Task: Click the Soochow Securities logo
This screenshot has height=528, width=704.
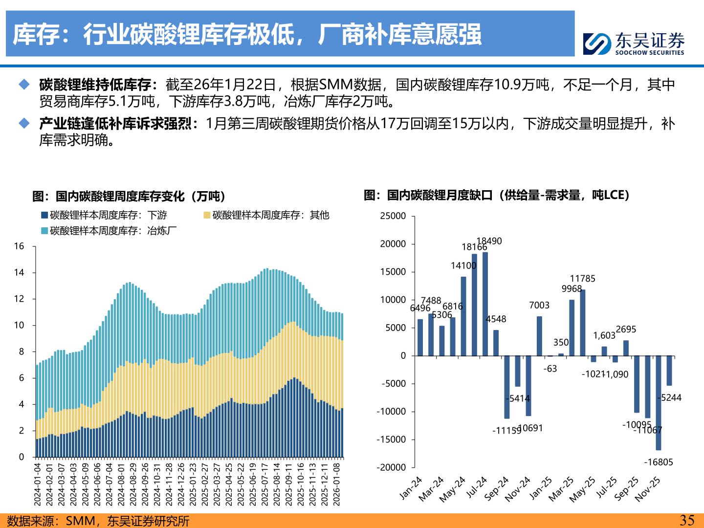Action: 634,44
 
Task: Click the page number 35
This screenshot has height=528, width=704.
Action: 687,520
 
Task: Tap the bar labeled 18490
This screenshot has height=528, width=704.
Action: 485,303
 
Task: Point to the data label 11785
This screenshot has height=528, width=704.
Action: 583,279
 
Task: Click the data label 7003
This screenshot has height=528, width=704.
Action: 539,305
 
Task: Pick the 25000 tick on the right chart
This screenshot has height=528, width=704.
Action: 393,216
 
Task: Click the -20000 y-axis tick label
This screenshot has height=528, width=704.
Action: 391,467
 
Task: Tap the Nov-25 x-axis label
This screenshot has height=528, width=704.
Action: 648,488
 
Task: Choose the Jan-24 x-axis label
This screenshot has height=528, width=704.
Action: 410,488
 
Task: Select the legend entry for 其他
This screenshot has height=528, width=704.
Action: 266,215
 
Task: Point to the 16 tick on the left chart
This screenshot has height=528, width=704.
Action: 19,246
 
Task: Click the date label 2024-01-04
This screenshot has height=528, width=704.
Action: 38,484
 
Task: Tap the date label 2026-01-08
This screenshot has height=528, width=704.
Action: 336,484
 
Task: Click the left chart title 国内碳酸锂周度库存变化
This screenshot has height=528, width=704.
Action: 129,197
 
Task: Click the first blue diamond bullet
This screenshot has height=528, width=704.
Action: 24,85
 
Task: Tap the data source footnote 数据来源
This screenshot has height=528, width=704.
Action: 98,521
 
